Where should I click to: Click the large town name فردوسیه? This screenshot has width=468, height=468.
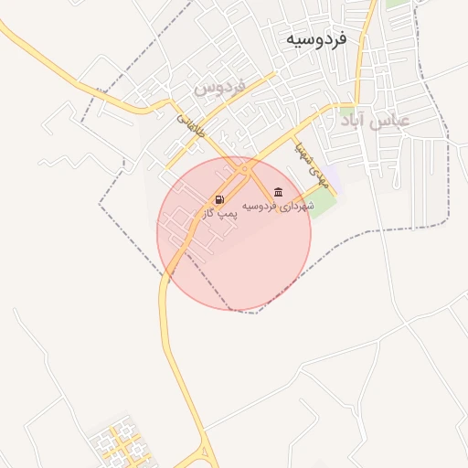316,39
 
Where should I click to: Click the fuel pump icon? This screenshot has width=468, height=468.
219,199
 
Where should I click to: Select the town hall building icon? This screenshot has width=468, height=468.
278,193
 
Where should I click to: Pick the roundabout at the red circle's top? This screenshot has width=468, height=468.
243,169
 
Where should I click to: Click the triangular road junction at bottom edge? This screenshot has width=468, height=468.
202,457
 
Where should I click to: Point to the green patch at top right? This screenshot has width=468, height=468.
396,4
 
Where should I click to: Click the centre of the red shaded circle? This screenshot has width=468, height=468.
234,233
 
